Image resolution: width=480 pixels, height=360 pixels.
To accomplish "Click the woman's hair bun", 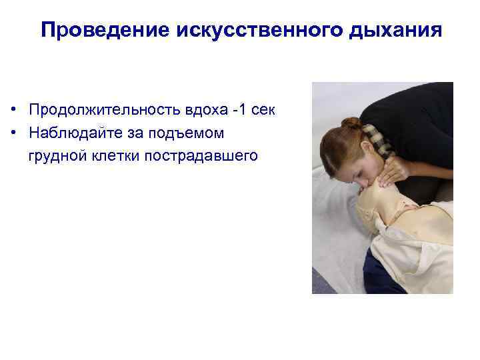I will (x=351, y=124).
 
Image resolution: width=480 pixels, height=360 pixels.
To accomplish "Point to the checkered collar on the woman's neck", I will (x=376, y=137).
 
